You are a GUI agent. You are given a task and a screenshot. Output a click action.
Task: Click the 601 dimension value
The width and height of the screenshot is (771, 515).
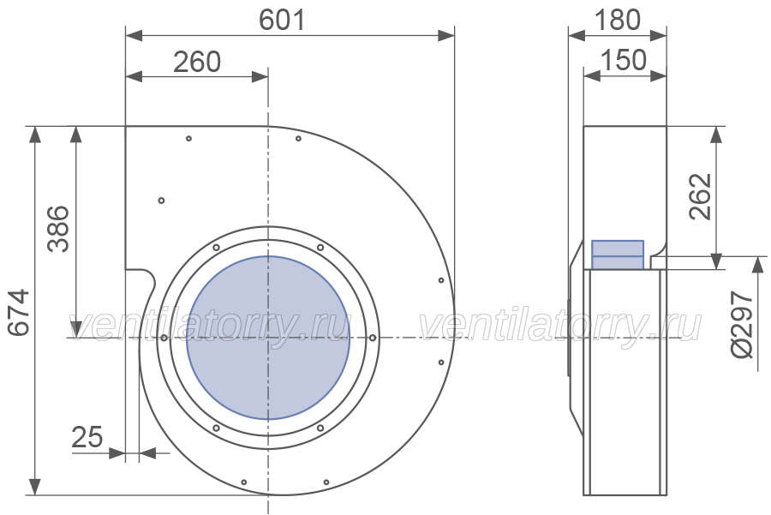[282, 21]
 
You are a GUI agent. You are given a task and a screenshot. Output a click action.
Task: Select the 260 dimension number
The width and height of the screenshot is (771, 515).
[197, 62]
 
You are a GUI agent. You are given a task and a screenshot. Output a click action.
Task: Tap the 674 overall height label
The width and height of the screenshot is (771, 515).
[20, 312]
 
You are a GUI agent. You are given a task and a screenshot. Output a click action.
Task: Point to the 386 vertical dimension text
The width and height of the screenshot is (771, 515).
[58, 229]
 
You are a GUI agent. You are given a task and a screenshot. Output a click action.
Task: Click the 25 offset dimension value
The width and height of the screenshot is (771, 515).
[87, 437]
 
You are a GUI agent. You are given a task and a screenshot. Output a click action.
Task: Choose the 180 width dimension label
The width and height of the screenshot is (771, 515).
[618, 21]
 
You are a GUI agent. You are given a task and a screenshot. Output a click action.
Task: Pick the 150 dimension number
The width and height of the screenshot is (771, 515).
[624, 60]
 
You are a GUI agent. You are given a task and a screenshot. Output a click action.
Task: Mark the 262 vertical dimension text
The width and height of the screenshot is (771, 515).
[700, 196]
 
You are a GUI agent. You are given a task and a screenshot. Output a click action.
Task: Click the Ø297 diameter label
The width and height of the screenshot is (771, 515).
[742, 324]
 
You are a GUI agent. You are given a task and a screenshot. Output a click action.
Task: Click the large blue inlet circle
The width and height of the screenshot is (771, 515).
[268, 338]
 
